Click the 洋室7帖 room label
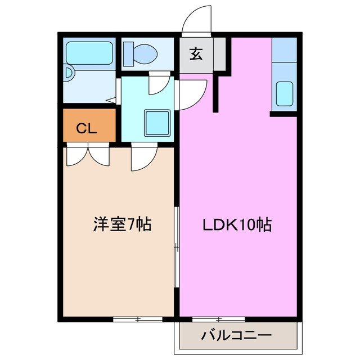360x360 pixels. [x=121, y=225]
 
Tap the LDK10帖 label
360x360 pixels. [x=237, y=225]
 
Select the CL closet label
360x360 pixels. [x=87, y=128]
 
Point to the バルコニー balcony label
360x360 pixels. [x=236, y=336]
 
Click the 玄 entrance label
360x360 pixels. [x=196, y=55]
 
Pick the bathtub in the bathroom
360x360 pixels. [x=89, y=53]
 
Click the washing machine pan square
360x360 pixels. [x=157, y=122]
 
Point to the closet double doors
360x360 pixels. [x=87, y=155]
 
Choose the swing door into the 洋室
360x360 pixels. [x=143, y=157]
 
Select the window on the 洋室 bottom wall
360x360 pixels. [x=137, y=319]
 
